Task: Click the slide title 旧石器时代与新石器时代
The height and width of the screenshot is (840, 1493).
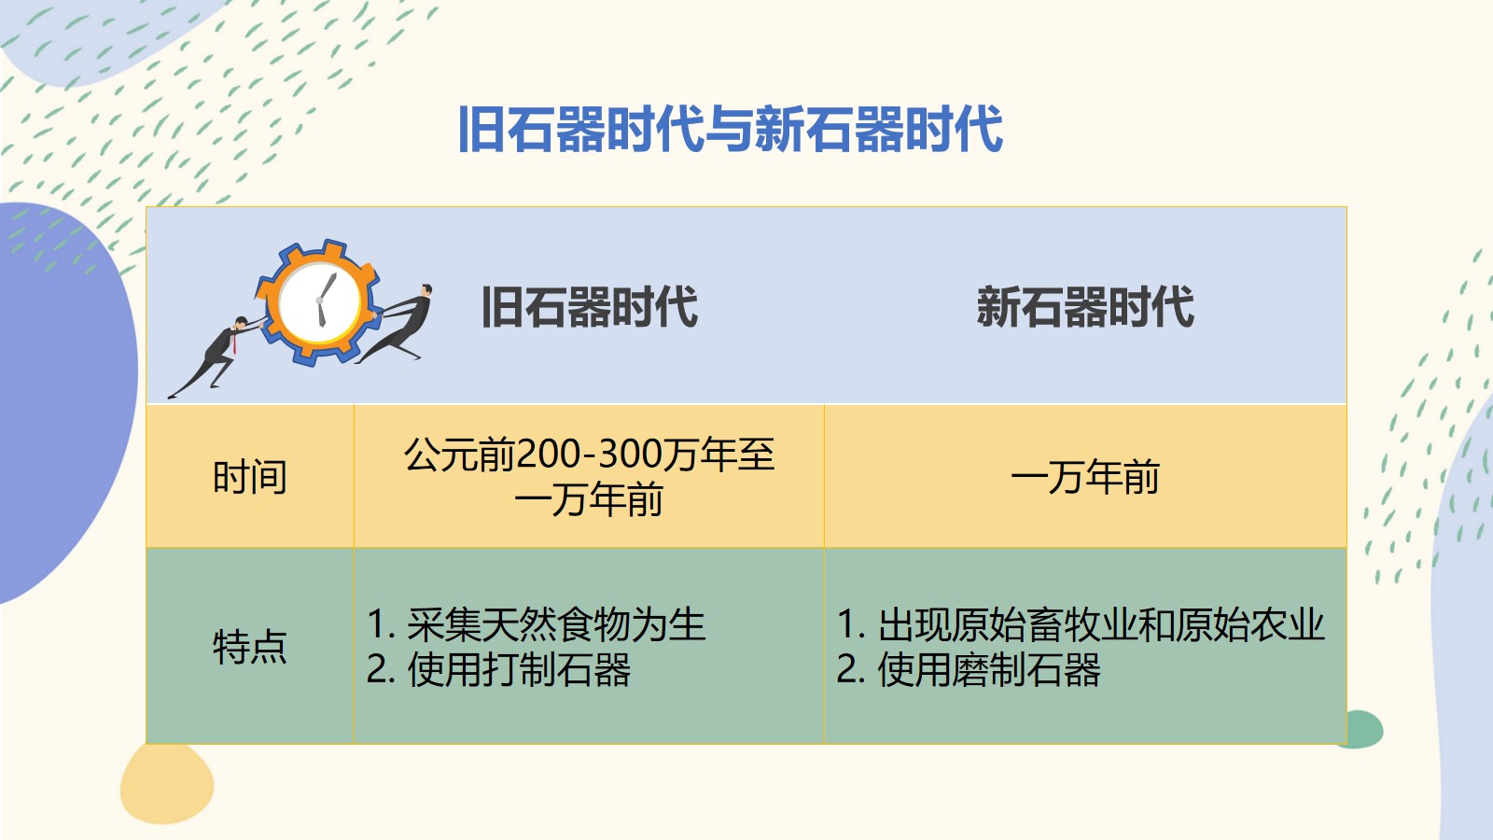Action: pos(731,129)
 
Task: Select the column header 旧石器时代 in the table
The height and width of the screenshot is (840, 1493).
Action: pos(589,307)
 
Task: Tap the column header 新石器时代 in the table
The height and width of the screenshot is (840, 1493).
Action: pos(1085,307)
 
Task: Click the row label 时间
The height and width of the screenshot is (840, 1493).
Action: pos(250,477)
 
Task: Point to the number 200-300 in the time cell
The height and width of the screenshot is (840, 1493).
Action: pos(579,455)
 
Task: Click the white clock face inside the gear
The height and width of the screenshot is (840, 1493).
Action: pos(319,302)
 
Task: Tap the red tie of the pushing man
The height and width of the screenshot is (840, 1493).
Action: pos(234,343)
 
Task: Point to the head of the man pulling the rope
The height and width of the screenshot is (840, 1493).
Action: pos(426,290)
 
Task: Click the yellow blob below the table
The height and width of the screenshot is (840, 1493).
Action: pos(167,783)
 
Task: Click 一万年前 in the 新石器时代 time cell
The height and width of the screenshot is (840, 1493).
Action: pos(1085,477)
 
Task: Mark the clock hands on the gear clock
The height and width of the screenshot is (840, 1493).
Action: pos(325,300)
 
